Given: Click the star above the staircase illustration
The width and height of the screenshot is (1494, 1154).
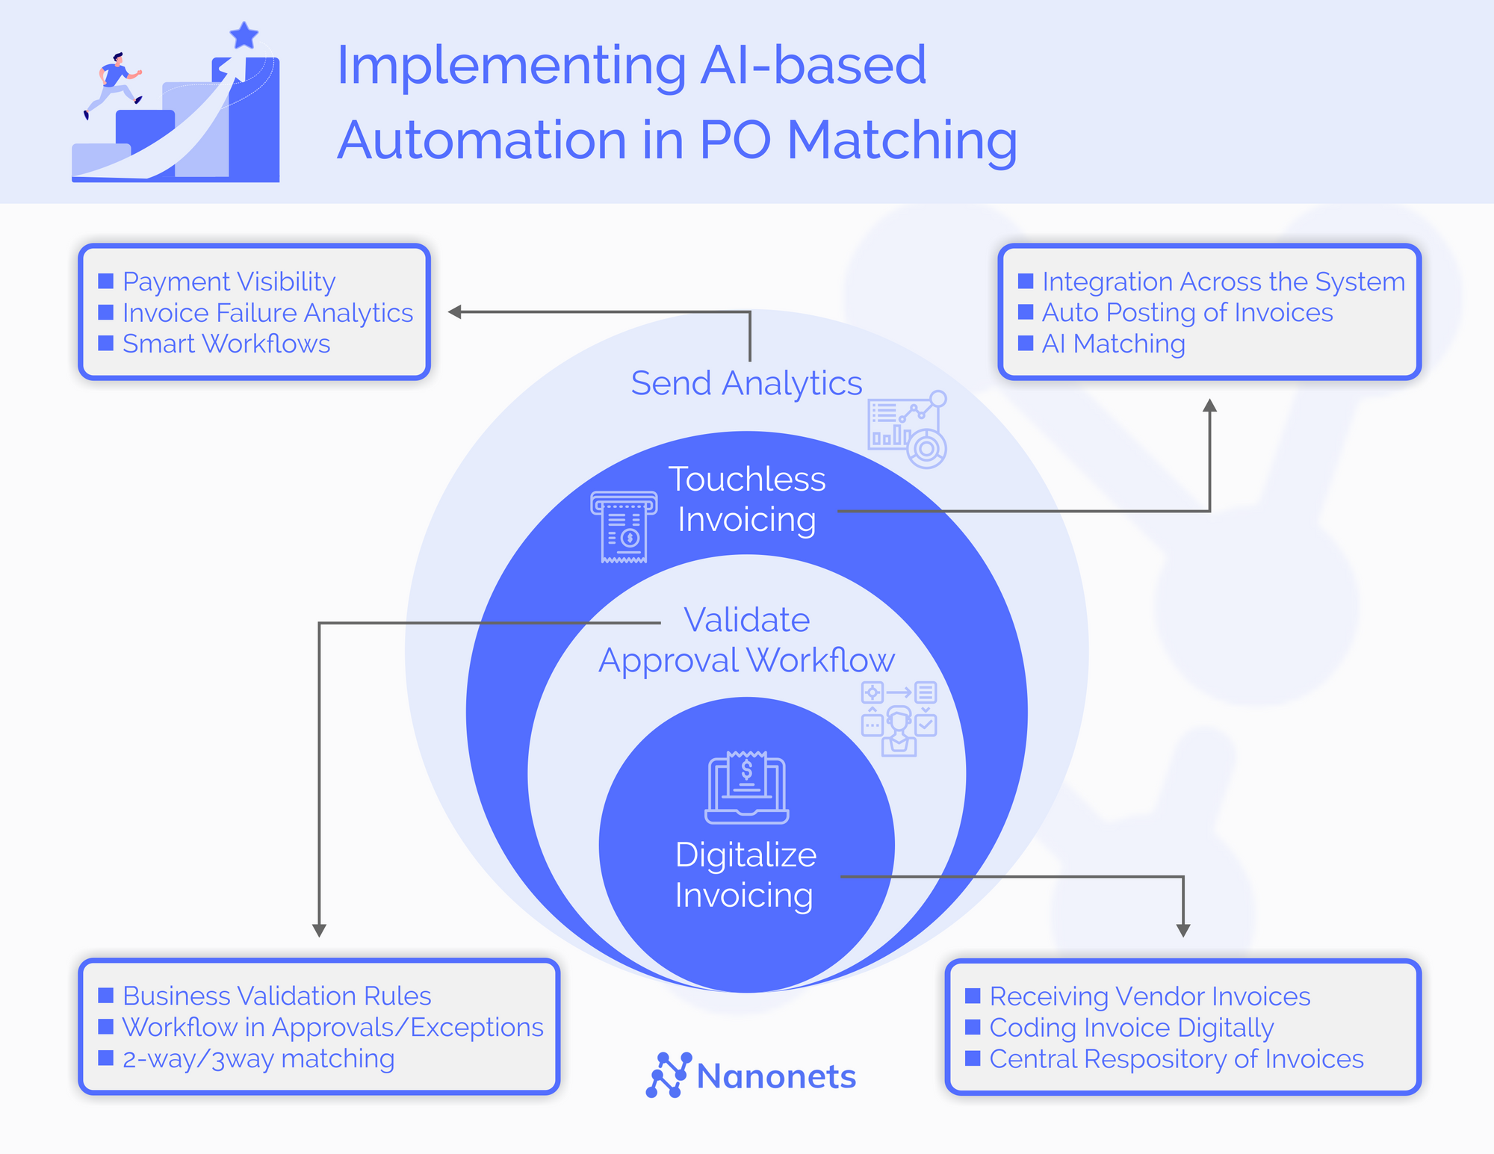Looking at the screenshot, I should tap(244, 35).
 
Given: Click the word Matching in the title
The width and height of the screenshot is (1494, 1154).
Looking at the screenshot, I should tap(902, 140).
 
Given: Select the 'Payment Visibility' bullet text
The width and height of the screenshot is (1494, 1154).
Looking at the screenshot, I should tap(229, 282).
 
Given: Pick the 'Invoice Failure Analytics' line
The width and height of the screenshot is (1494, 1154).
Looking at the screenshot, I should tap(267, 313).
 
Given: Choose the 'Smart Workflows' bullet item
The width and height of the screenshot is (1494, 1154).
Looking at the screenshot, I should tap(226, 344).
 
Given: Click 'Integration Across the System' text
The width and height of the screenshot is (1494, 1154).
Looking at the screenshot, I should tap(1223, 282).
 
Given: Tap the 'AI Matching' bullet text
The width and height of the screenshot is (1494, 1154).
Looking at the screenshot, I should tap(1113, 344).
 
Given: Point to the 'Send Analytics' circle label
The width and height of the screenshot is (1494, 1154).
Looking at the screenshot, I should tap(746, 383).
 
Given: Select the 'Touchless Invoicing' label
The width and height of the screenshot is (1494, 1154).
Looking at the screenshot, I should tap(746, 499).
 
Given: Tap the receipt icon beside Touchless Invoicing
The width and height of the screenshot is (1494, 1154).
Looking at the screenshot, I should tap(624, 527).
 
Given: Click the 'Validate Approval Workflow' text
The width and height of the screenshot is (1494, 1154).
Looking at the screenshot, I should tap(746, 640).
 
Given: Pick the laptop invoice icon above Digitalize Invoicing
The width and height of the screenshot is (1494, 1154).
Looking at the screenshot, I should tap(746, 788).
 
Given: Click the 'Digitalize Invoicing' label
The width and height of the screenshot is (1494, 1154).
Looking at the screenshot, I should tap(745, 875).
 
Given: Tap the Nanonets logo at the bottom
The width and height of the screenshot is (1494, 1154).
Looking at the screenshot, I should tap(751, 1076).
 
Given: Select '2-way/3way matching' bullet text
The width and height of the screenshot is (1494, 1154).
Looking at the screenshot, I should tap(258, 1058).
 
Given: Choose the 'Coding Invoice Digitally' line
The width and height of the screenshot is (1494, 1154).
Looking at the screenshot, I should tap(1131, 1028).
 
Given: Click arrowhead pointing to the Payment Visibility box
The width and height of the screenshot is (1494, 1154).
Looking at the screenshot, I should tap(454, 312).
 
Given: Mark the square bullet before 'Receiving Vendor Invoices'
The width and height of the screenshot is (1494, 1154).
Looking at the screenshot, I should tap(973, 996).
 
